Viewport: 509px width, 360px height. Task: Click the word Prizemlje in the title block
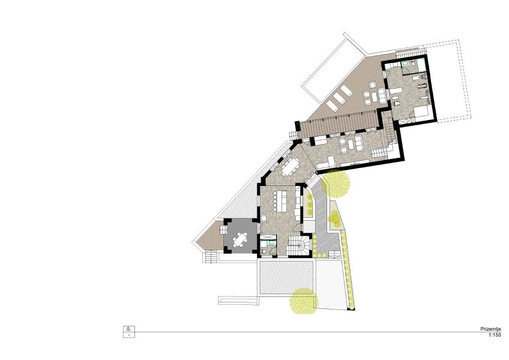[490, 329]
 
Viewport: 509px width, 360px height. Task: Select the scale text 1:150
[495, 335]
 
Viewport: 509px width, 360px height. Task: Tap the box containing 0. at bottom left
[129, 329]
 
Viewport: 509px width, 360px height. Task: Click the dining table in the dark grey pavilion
[240, 240]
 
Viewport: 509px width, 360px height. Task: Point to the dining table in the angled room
[290, 167]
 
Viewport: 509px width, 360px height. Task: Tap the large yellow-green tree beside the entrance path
[336, 183]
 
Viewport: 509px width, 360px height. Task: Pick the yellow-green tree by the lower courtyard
[304, 301]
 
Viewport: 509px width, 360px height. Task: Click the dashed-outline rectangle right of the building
[448, 81]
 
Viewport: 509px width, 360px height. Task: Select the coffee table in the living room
[351, 144]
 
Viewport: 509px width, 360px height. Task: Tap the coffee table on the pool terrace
[375, 96]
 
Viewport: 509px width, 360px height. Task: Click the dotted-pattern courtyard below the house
[286, 277]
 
